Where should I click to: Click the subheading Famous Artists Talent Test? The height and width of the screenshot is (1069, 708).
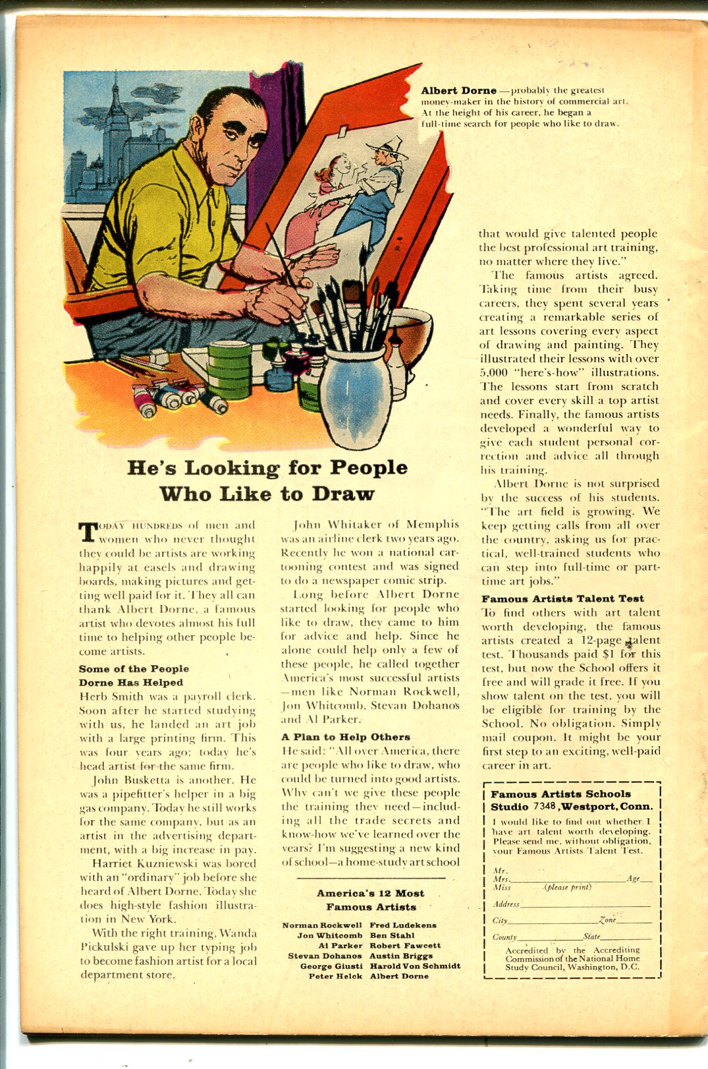(x=562, y=598)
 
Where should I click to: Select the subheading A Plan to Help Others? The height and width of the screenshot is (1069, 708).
(x=346, y=737)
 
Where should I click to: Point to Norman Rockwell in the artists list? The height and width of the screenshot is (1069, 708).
(x=322, y=925)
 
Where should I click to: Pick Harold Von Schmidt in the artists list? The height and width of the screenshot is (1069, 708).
(x=415, y=966)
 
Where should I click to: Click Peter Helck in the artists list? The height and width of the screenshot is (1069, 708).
(x=335, y=976)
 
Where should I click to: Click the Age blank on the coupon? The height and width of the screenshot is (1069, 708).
(x=646, y=880)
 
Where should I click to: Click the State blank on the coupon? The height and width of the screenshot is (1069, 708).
(x=626, y=937)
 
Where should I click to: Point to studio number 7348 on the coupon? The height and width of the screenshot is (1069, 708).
(x=545, y=806)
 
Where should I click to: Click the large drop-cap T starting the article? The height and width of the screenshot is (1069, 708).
(x=88, y=532)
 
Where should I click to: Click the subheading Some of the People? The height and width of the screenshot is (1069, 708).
(x=134, y=668)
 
